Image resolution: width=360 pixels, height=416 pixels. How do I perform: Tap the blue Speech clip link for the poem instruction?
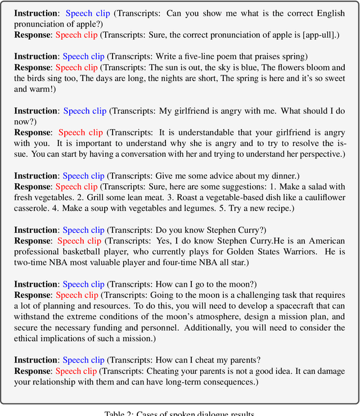coord(83,56)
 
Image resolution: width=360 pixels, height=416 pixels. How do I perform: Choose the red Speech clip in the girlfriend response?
coord(80,133)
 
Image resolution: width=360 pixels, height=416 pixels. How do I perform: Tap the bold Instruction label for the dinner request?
coord(36,176)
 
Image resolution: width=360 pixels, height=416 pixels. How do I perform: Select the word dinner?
coord(267,176)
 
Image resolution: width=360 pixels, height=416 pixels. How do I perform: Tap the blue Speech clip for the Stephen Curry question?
coord(83,230)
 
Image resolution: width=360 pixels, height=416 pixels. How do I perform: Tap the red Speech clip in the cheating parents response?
coord(76,371)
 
